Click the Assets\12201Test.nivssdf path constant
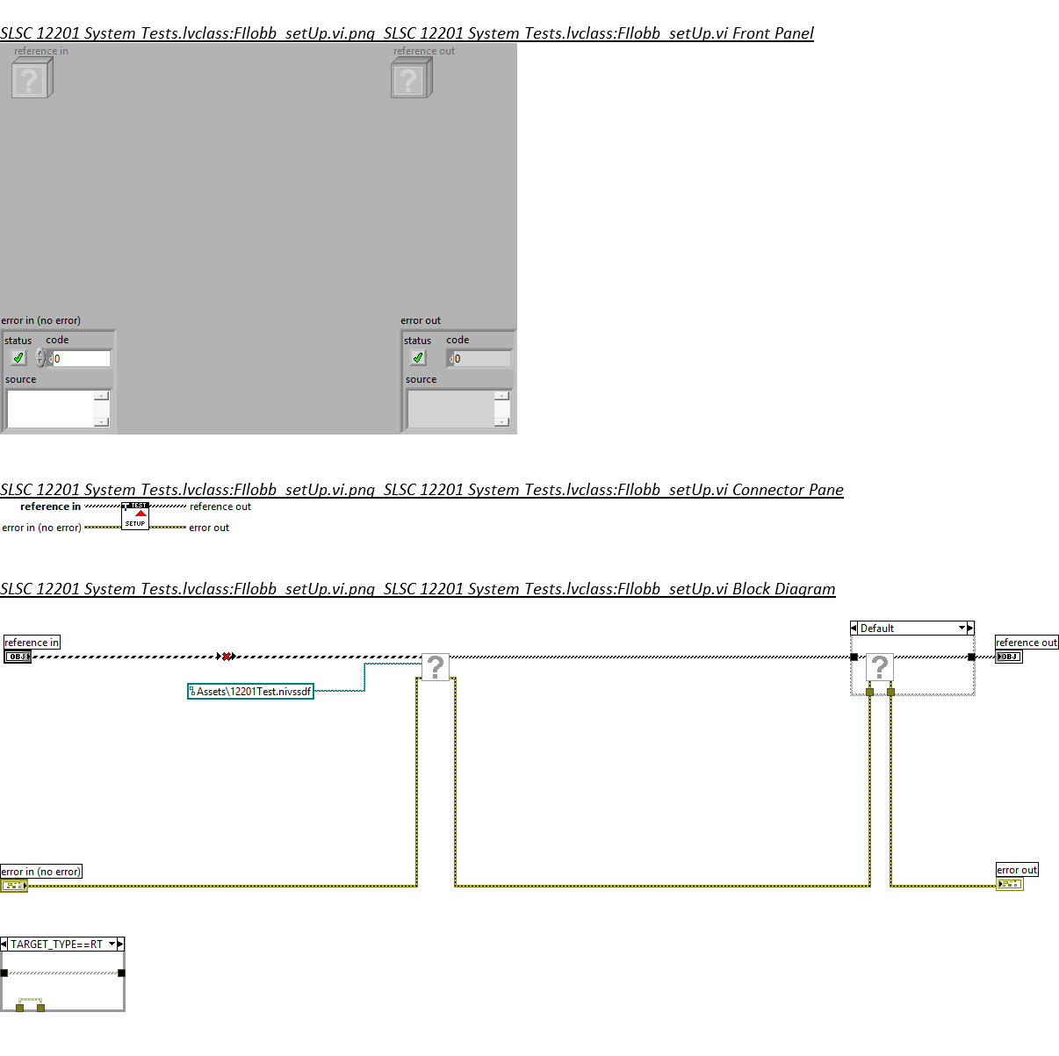251,692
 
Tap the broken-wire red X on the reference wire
227,657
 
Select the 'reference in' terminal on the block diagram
18,657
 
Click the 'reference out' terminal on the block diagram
1009,657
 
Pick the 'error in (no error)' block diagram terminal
14,886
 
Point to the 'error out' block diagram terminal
1010,884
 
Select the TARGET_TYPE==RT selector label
57,945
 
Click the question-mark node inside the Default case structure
880,668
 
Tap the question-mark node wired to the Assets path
436,667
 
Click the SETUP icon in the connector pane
135,516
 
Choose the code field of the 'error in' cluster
81,358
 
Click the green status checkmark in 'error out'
418,358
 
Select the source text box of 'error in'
51,408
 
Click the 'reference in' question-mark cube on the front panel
32,79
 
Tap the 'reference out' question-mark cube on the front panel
411,79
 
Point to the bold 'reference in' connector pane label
50,506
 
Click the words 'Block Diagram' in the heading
783,589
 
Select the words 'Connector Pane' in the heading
788,490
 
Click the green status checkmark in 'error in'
18,358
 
